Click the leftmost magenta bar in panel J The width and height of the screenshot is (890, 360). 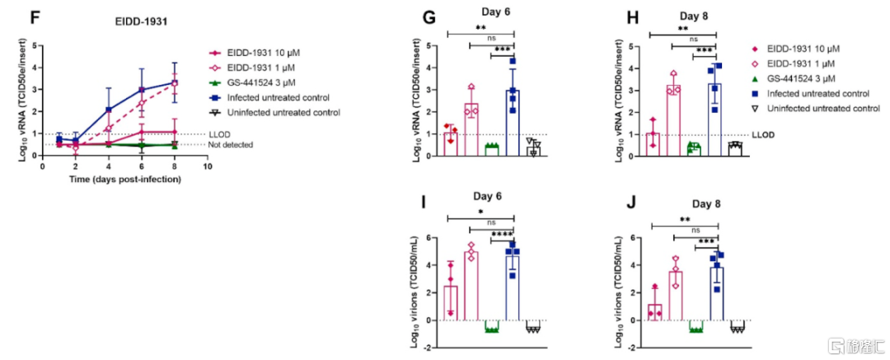click(654, 311)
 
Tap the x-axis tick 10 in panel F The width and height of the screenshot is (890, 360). click(208, 166)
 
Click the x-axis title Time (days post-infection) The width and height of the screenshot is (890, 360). click(124, 178)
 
